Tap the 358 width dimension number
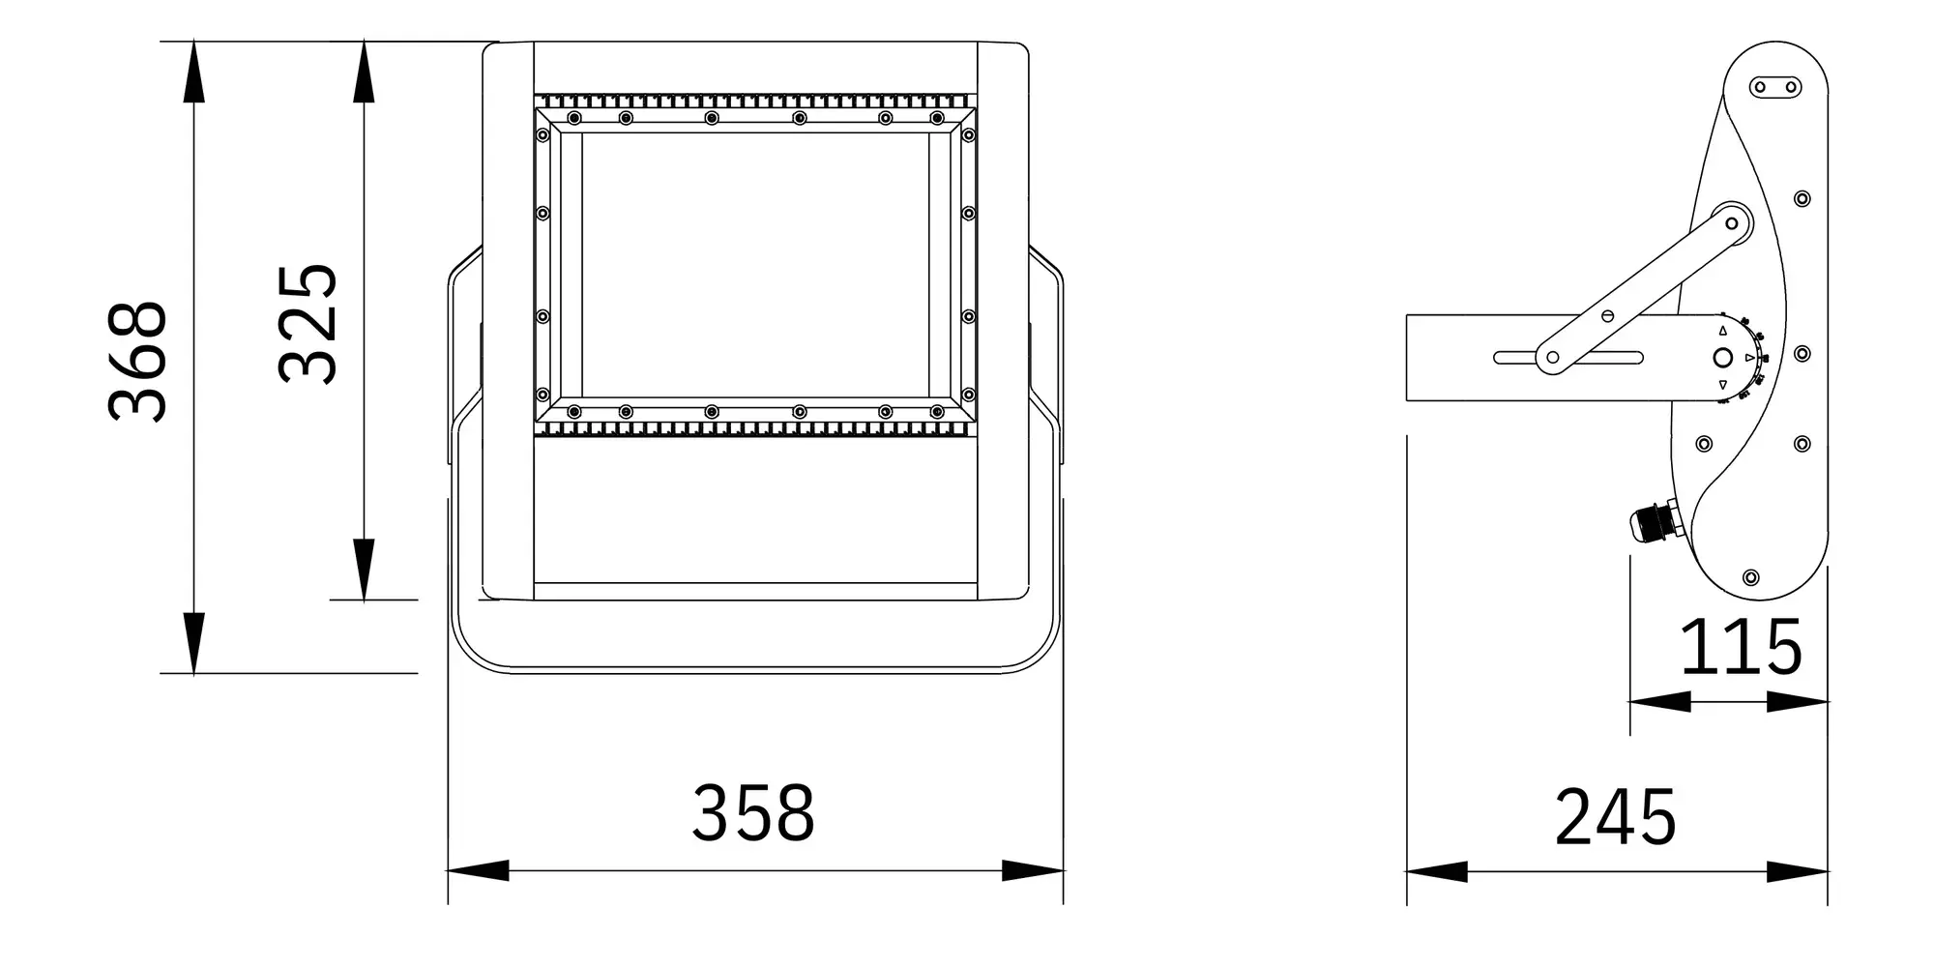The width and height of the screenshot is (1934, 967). click(x=753, y=813)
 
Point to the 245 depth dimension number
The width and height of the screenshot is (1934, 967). click(x=1615, y=818)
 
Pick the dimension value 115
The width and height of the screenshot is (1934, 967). click(x=1741, y=647)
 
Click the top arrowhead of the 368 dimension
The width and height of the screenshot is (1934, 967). click(x=193, y=71)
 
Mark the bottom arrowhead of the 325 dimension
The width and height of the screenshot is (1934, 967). click(x=364, y=570)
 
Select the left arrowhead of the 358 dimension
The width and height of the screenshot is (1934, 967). click(x=478, y=870)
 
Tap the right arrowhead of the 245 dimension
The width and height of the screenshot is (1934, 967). click(x=1798, y=871)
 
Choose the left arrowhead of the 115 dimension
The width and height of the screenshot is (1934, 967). click(x=1660, y=702)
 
